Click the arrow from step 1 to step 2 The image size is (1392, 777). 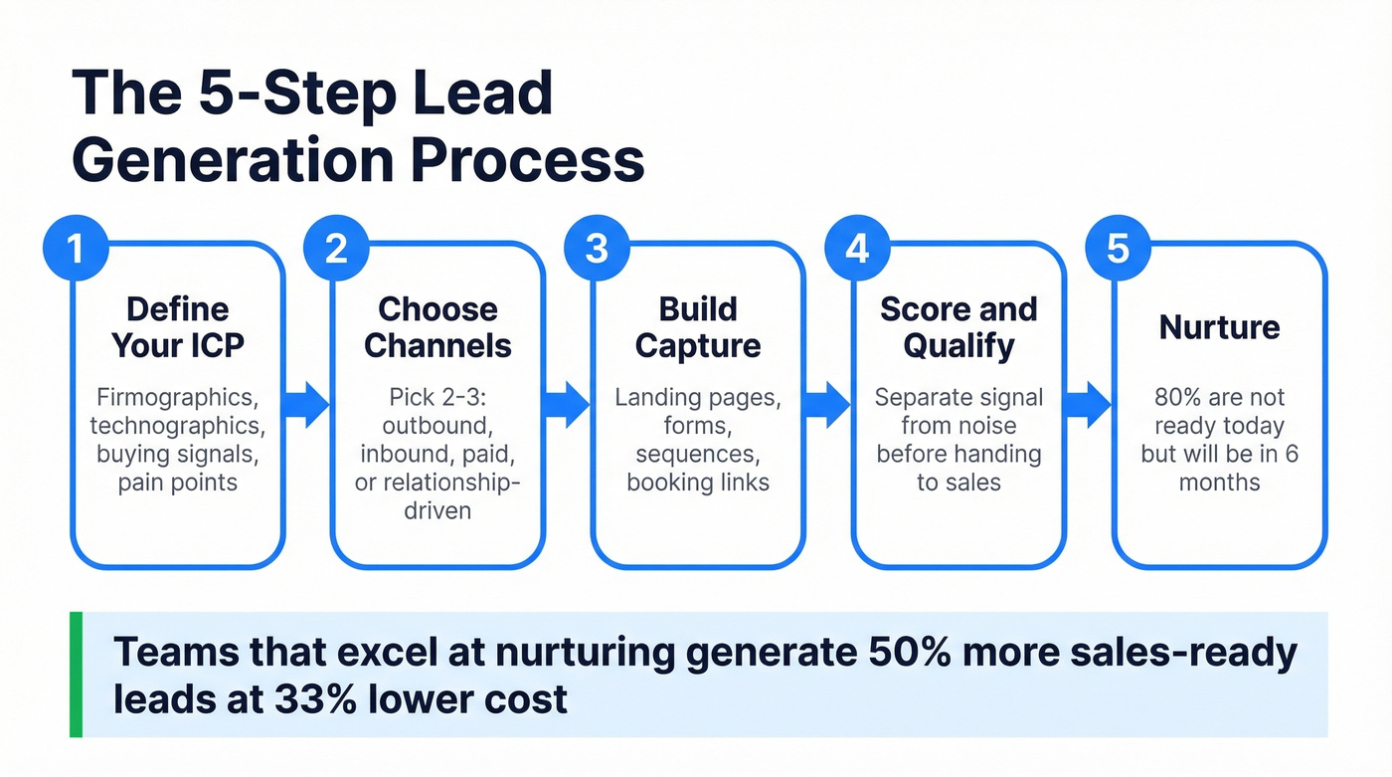(307, 404)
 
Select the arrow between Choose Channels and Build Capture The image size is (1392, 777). (568, 404)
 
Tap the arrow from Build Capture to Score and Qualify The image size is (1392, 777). (828, 404)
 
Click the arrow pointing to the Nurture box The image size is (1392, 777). (1089, 404)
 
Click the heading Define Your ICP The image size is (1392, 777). (178, 327)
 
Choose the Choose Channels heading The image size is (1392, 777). (437, 327)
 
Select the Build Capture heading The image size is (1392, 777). (698, 327)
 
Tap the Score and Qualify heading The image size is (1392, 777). (958, 327)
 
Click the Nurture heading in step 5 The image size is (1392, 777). (1219, 326)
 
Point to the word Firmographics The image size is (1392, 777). (177, 398)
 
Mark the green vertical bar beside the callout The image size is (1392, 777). (76, 675)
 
